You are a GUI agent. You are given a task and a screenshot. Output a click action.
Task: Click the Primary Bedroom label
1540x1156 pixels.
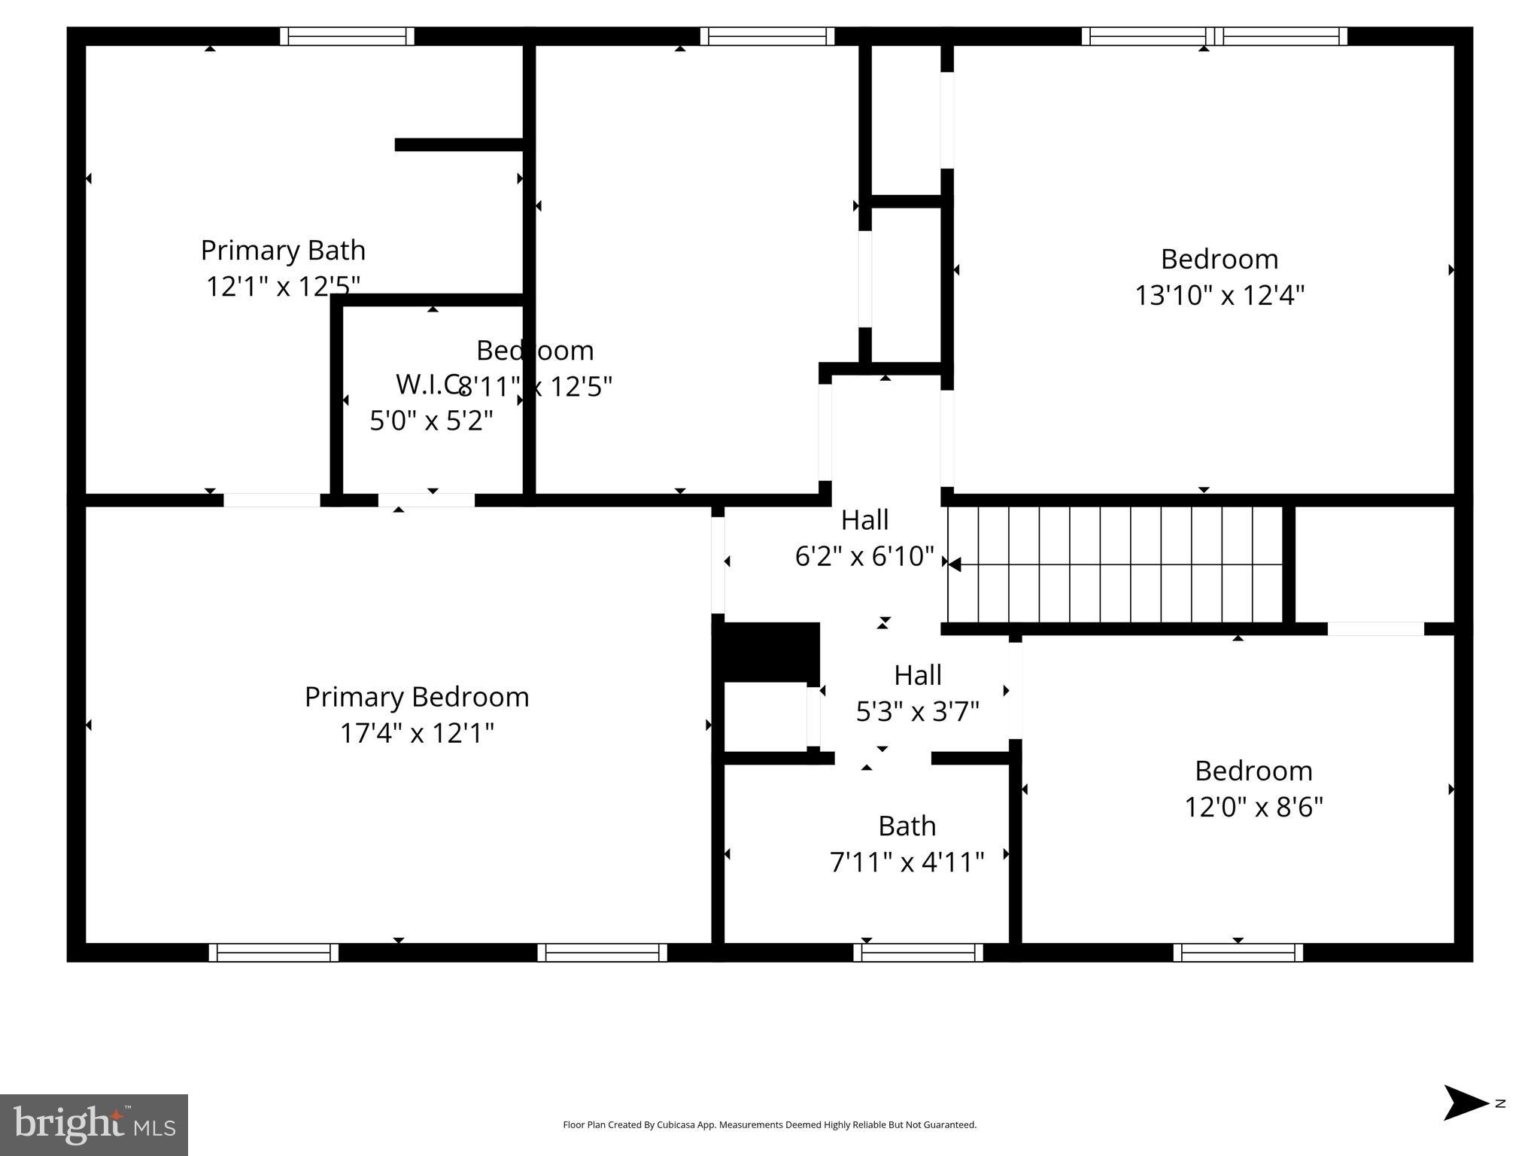[x=417, y=697]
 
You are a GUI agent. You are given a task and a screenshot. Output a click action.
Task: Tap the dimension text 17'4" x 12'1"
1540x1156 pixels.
[x=417, y=733]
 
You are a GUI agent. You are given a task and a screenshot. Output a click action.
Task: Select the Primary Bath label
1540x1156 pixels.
[x=283, y=250]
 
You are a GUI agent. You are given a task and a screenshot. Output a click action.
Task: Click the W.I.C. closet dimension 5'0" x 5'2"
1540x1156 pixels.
[x=431, y=420]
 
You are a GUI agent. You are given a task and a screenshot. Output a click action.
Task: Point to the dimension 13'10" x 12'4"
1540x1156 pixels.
[x=1219, y=295]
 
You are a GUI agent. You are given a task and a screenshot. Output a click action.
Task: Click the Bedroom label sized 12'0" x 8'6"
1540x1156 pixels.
[x=1253, y=771]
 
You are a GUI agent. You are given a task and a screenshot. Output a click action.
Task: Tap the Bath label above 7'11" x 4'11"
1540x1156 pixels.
[x=907, y=826]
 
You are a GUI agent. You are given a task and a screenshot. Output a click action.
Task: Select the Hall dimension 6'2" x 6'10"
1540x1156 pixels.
[x=864, y=556]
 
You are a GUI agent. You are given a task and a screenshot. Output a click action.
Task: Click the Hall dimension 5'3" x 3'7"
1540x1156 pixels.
[x=917, y=710]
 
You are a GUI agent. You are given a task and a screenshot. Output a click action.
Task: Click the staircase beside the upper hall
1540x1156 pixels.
[x=1113, y=564]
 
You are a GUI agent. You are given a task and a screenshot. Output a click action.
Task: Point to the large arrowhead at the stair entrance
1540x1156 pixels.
[x=954, y=564]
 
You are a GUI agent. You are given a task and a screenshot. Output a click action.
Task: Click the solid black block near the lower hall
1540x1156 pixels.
[x=767, y=651]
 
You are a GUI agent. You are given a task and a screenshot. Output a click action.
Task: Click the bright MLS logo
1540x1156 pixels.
[x=94, y=1125]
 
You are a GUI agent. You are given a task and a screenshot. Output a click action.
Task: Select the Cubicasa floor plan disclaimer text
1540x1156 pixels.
[x=769, y=1125]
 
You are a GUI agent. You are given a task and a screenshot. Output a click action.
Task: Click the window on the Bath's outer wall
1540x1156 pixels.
[x=918, y=952]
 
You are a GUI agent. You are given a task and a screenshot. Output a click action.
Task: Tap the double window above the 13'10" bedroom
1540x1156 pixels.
[x=1214, y=36]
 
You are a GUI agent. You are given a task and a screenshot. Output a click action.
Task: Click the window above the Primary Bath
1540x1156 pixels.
[x=347, y=36]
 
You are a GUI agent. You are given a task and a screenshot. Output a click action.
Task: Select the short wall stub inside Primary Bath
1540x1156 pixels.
[x=459, y=144]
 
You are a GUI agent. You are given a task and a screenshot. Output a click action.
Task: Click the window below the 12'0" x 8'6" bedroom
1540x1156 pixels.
[x=1238, y=952]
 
